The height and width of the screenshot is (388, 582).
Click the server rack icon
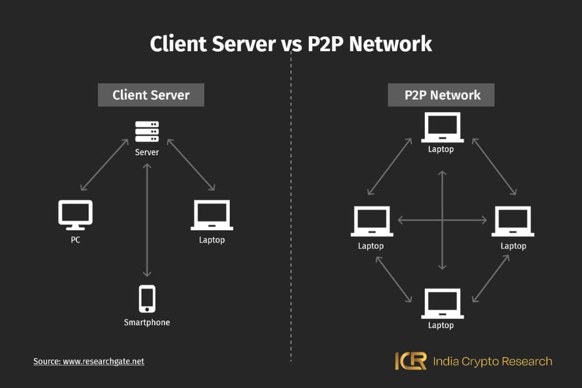[147, 131]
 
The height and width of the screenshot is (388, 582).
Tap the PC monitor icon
[76, 214]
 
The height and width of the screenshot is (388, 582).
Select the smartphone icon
[147, 299]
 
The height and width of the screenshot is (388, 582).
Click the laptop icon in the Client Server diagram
[211, 215]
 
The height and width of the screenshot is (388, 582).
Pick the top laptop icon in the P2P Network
[442, 127]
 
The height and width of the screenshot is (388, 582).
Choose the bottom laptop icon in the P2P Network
[442, 303]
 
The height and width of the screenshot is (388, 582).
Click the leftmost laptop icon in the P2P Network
[371, 222]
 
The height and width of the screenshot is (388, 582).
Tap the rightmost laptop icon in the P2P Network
[513, 222]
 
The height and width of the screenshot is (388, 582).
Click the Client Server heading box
[151, 95]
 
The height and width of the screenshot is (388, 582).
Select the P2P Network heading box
[442, 95]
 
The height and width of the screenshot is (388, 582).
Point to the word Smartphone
[147, 322]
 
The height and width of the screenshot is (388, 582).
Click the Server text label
[147, 152]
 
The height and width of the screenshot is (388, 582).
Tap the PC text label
[76, 240]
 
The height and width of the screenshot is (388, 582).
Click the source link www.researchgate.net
[104, 361]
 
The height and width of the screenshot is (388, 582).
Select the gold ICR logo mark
[410, 361]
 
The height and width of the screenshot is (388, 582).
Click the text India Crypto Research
[492, 361]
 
